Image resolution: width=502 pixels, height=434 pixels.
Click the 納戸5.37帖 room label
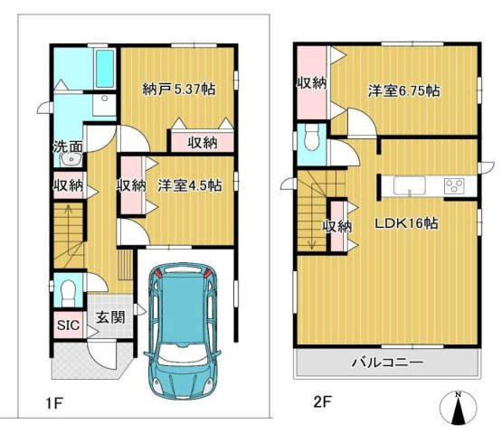tap(178, 90)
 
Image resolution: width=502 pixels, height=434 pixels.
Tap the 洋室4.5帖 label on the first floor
tap(190, 185)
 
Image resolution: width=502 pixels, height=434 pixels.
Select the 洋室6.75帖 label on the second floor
tap(403, 91)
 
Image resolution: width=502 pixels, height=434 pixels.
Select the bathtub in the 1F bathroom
tap(103, 67)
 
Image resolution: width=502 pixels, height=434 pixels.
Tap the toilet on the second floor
tap(311, 139)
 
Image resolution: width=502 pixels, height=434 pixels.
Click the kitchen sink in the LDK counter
tap(410, 185)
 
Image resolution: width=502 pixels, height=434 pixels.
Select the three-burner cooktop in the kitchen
tap(453, 186)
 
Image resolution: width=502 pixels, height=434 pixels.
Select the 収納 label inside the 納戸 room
tap(202, 143)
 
